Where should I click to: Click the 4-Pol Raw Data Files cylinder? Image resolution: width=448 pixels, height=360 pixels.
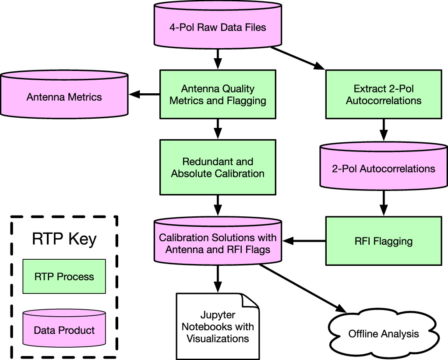pos(218,28)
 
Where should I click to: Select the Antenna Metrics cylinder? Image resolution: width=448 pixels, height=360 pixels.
pos(64,96)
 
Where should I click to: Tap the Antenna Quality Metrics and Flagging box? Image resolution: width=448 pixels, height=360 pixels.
pos(218,95)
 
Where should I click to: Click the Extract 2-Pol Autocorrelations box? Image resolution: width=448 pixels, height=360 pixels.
pos(383,95)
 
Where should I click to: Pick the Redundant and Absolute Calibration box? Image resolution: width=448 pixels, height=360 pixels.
pos(218,167)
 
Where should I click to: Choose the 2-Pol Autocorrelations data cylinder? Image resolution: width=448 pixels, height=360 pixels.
pos(383,168)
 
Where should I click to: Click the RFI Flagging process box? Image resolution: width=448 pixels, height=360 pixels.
pos(383,240)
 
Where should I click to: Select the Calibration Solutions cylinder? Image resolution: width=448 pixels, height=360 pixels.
pos(218,243)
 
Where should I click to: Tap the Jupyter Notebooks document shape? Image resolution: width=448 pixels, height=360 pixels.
pos(218,327)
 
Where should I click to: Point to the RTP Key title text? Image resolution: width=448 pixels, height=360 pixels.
pos(64,240)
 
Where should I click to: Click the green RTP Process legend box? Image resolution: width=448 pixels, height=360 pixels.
pos(64,276)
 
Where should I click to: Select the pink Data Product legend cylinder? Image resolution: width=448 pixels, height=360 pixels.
pos(64,329)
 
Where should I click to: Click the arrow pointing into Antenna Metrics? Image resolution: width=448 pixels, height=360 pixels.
pos(144,94)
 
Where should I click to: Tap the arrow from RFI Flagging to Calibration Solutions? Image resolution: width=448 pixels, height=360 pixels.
pos(304,240)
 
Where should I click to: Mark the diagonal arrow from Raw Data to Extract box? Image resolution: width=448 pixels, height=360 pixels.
pos(298,58)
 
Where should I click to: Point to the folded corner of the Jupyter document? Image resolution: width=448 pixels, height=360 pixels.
pos(251,301)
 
